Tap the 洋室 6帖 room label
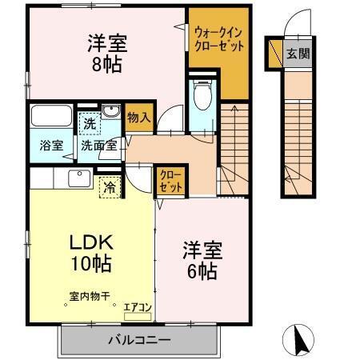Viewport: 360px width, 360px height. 202,261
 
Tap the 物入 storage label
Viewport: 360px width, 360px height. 138,118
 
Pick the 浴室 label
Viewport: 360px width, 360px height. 50,146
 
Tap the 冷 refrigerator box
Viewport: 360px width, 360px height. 108,187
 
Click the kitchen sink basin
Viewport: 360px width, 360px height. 78,178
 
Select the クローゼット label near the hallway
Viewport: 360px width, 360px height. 170,180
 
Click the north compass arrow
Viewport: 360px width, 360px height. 302,340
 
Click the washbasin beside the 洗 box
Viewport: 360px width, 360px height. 111,113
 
